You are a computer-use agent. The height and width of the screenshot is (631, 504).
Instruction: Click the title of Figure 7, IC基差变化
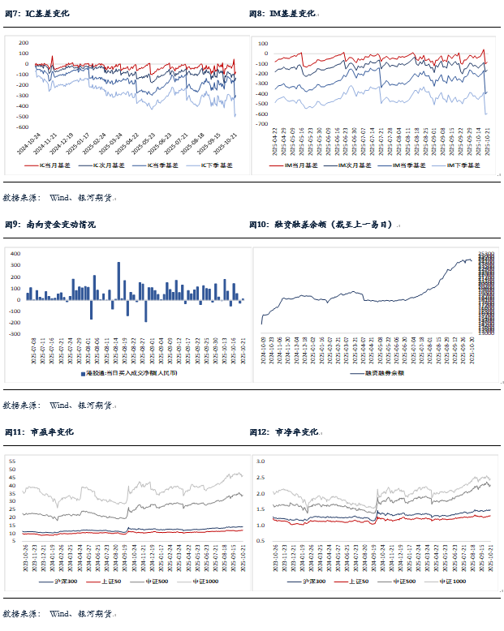point(48,14)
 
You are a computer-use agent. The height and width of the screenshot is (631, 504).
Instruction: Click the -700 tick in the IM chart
point(262,125)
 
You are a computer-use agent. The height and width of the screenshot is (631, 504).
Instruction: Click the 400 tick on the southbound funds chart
point(15,254)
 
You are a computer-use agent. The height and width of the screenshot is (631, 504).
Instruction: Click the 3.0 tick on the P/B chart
point(261,461)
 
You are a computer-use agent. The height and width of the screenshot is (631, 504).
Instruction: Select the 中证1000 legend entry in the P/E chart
point(209,582)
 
